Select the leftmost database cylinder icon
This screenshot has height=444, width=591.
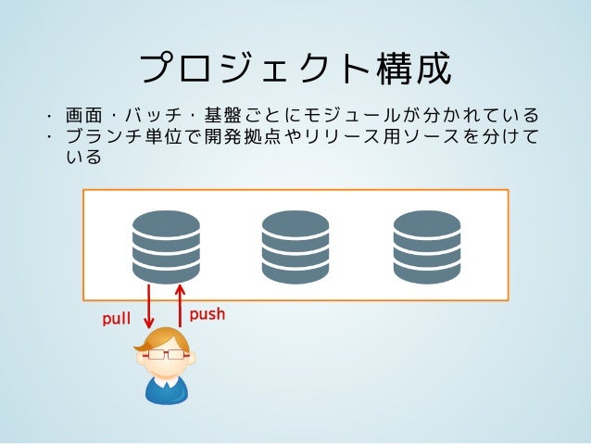pyautogui.click(x=166, y=246)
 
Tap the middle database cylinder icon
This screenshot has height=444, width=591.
pyautogui.click(x=295, y=246)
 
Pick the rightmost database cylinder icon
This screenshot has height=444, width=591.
pyautogui.click(x=427, y=246)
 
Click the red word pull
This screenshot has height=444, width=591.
pyautogui.click(x=116, y=320)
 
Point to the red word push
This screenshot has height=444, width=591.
pyautogui.click(x=207, y=314)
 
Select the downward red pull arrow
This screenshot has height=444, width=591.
pyautogui.click(x=149, y=311)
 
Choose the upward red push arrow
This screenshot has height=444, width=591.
pyautogui.click(x=180, y=306)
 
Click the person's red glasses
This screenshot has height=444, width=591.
pyautogui.click(x=166, y=354)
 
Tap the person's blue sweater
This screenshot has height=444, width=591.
pyautogui.click(x=166, y=389)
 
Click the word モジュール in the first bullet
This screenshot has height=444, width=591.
pyautogui.click(x=357, y=117)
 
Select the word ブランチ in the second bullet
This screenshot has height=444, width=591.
pyautogui.click(x=96, y=137)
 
